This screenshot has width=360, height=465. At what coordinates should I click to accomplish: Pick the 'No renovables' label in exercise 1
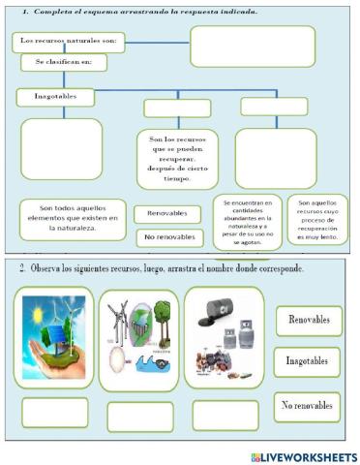coord(166,237)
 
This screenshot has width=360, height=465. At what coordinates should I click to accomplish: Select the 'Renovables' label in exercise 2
coord(309,320)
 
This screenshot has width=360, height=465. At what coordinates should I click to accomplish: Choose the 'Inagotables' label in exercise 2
coord(308,361)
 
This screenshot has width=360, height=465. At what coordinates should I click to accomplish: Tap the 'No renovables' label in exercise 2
coord(308,405)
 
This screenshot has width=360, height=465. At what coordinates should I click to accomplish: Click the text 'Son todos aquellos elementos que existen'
coord(73,219)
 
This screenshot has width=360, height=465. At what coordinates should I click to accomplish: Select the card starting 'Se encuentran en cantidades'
coord(248,223)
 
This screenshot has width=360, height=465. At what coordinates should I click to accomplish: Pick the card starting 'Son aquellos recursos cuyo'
coord(316,221)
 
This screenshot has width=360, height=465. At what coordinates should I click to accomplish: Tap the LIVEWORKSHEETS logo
coord(303,456)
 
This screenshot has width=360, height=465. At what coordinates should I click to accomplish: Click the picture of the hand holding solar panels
coord(54,336)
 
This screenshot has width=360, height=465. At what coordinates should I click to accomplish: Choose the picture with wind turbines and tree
coord(140,338)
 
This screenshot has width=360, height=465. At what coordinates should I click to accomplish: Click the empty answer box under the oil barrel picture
coord(225,416)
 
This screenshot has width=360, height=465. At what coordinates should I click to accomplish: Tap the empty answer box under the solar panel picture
coord(54,414)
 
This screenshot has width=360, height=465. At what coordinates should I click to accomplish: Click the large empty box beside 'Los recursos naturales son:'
coord(252,46)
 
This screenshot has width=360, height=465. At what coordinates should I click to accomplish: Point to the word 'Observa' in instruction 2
coord(46,267)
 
